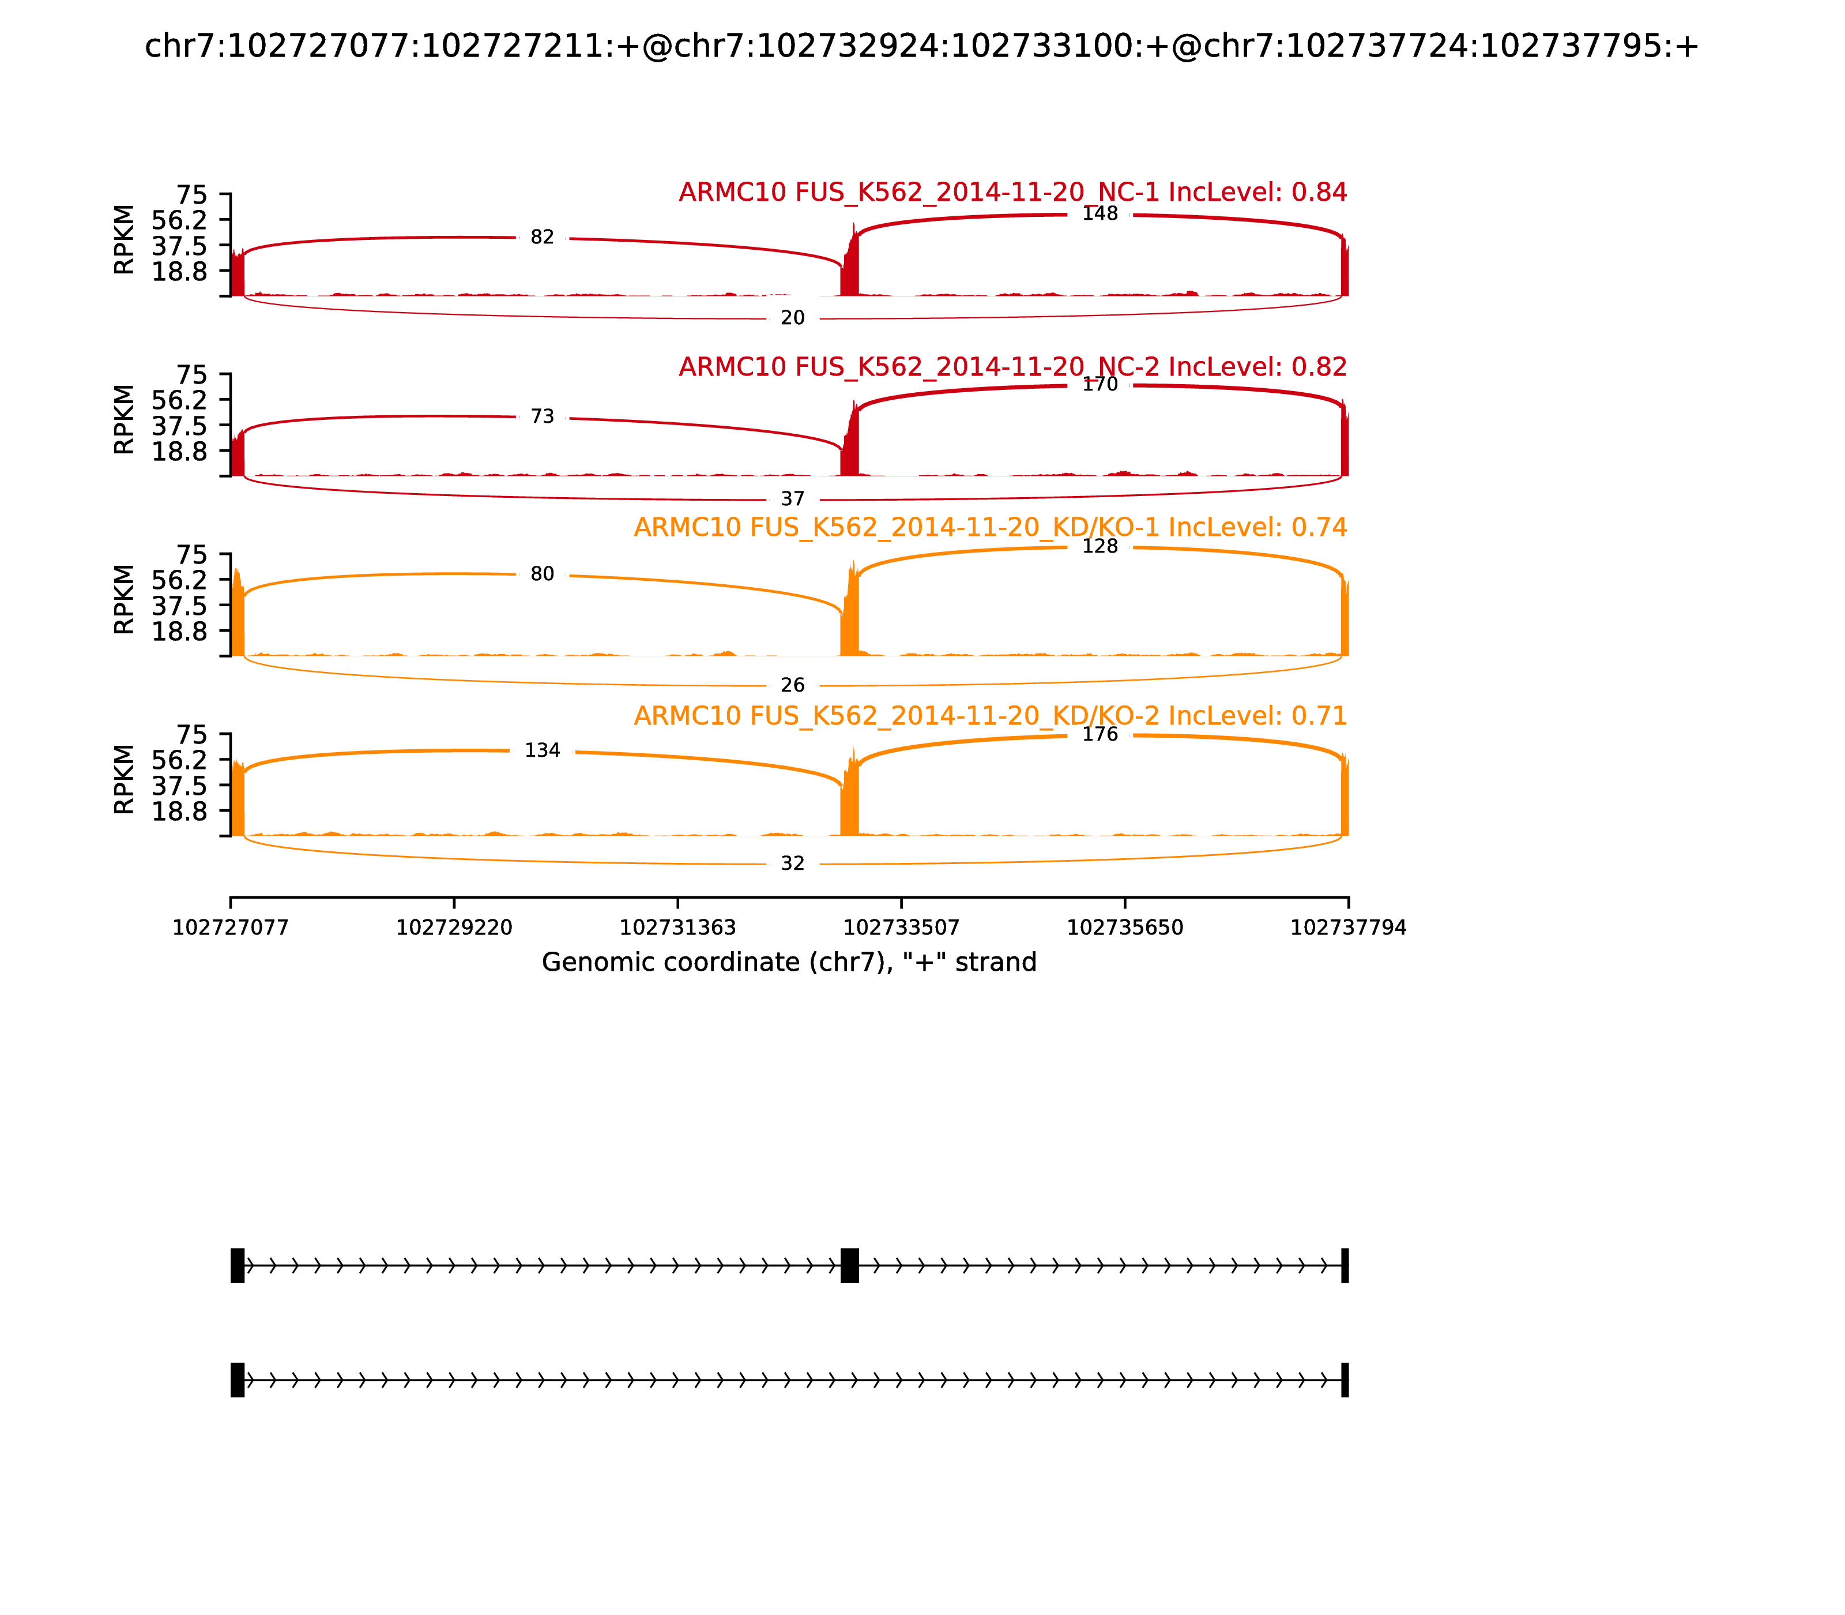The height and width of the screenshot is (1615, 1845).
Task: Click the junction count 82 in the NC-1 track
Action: pos(543,237)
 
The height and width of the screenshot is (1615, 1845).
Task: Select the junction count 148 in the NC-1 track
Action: pos(1100,213)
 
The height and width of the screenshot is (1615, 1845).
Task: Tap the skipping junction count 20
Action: pos(793,318)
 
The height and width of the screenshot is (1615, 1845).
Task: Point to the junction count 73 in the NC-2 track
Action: pos(543,416)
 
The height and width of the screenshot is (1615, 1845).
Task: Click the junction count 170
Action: pos(1100,385)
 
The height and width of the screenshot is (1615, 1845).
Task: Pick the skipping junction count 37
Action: pos(793,499)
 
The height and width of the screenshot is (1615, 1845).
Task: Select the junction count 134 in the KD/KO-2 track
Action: pos(543,751)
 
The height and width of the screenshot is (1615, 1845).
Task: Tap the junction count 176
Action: pos(1100,734)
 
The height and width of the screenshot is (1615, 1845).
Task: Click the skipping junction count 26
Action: pos(793,686)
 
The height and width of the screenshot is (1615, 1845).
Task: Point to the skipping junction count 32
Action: pos(793,864)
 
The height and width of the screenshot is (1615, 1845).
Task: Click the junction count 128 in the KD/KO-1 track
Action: pos(1100,547)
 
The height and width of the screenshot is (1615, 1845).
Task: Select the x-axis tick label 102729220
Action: pos(454,928)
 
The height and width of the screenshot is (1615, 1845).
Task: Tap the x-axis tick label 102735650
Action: pos(1125,928)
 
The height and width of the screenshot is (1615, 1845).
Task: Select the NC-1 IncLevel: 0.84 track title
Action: pos(1012,193)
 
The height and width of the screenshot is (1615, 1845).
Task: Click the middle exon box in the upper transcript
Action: pos(849,1266)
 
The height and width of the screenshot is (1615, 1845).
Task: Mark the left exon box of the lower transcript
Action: pos(238,1380)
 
